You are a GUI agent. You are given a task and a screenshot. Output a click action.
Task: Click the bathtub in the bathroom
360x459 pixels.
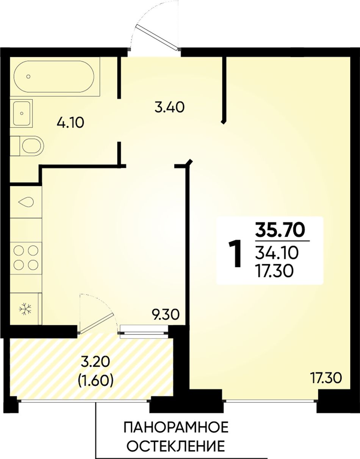[x=54, y=77]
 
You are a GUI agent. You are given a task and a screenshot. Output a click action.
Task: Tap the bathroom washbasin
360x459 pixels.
[x=22, y=113]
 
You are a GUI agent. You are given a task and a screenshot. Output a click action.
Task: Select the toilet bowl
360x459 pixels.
[x=27, y=146]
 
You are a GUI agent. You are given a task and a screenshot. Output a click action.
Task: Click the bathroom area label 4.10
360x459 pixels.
[x=70, y=123]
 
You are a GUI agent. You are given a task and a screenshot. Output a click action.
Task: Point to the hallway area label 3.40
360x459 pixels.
[x=169, y=107]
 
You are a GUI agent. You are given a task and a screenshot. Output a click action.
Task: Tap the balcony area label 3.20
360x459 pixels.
[x=96, y=362]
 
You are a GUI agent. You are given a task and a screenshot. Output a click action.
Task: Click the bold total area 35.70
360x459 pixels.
[x=280, y=230]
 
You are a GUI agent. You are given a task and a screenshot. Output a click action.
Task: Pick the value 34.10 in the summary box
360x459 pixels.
[x=277, y=253]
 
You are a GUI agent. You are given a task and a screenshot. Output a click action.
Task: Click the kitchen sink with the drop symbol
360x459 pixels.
[x=26, y=202]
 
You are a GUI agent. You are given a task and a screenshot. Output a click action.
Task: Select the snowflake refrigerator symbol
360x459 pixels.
[x=25, y=309]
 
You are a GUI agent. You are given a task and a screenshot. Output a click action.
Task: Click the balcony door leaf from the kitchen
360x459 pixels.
[x=95, y=324]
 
